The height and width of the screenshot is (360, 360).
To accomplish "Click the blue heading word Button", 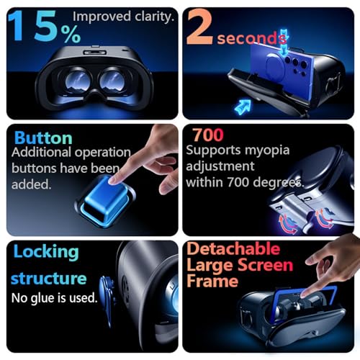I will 43,138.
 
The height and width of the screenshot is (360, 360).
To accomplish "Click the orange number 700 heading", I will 209,135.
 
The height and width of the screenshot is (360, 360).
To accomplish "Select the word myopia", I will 260,151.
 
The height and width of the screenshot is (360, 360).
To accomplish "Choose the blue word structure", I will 49,278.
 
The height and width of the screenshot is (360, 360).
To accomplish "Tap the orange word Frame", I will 213,281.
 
